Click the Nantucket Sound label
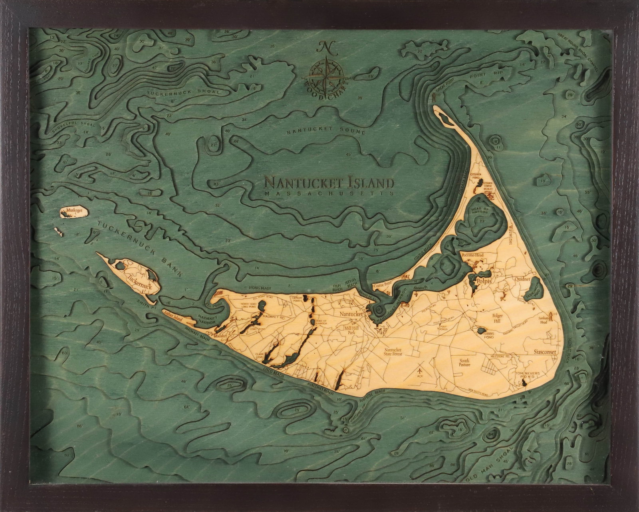click(326, 131)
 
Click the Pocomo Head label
click(472, 255)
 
